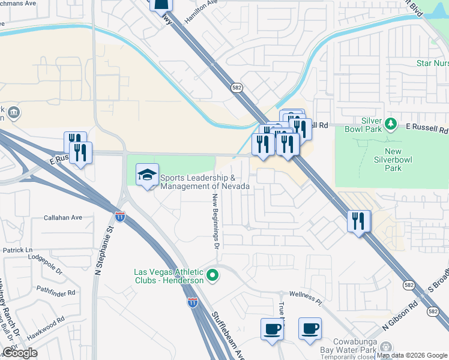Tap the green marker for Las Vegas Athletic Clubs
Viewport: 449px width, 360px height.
point(211,276)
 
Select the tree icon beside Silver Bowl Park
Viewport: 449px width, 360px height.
point(391,123)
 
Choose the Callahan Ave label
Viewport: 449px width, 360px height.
point(62,218)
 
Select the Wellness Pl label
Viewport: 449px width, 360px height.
point(306,295)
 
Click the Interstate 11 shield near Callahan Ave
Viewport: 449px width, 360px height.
point(121,217)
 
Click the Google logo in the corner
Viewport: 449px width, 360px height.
point(20,353)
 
